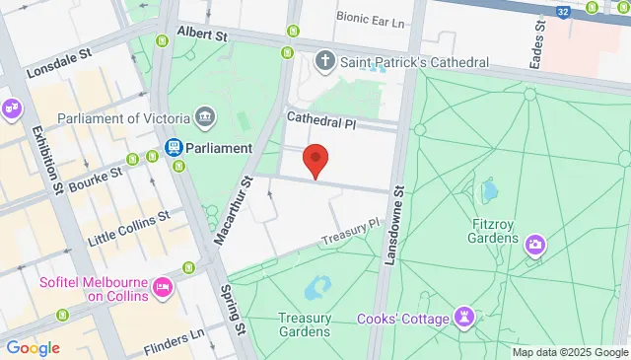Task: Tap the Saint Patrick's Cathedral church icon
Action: click(x=324, y=62)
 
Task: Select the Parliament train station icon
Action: click(x=173, y=148)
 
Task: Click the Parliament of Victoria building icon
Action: click(x=205, y=118)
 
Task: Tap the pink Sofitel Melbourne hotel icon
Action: click(x=163, y=289)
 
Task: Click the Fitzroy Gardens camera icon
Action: click(x=535, y=243)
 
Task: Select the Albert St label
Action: click(x=202, y=35)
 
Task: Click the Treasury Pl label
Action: click(x=349, y=233)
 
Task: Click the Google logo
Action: click(x=33, y=347)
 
